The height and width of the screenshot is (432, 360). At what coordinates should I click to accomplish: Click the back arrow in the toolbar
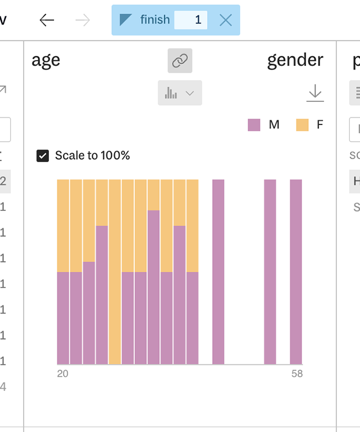(x=47, y=20)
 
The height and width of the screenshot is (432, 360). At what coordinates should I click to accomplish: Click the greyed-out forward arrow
(x=83, y=20)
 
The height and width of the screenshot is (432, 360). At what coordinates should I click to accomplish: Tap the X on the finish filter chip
(x=226, y=20)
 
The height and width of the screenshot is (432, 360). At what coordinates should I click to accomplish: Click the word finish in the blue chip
(x=155, y=20)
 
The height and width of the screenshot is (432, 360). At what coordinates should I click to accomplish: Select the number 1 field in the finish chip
(x=191, y=20)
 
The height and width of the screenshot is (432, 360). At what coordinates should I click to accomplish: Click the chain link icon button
(x=179, y=61)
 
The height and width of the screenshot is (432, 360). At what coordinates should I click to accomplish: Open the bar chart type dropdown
(x=179, y=93)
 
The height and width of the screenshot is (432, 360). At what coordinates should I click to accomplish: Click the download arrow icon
(x=315, y=93)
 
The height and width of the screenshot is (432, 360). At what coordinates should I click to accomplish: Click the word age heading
(x=46, y=61)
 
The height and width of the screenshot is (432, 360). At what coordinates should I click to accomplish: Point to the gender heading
(x=295, y=61)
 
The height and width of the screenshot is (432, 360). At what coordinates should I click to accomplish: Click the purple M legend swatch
(x=254, y=125)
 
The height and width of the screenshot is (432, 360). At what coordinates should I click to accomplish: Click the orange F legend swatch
(x=303, y=125)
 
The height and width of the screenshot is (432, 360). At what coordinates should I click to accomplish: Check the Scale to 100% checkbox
(x=43, y=156)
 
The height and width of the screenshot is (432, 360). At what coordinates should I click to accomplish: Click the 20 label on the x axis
(x=62, y=373)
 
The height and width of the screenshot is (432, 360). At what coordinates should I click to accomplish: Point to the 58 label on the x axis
(x=296, y=373)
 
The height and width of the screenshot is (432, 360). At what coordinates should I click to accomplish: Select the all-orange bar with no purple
(x=115, y=272)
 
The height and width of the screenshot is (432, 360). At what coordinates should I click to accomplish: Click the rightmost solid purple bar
(x=296, y=272)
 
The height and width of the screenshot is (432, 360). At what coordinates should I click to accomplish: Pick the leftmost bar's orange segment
(x=63, y=225)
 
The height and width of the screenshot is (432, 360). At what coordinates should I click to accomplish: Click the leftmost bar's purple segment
(x=63, y=318)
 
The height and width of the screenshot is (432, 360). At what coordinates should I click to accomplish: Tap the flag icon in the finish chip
(x=126, y=20)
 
